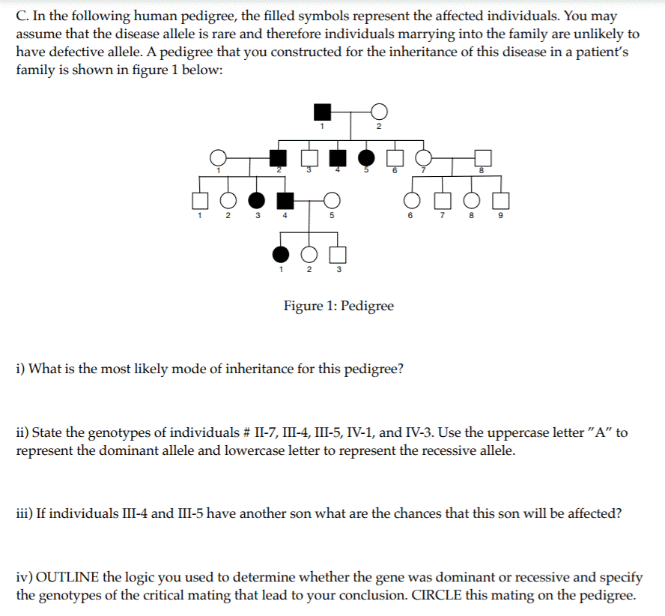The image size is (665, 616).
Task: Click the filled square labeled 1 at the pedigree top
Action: (x=322, y=112)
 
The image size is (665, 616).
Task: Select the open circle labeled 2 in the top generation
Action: (x=379, y=112)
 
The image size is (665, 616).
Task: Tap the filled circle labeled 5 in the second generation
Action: (x=367, y=157)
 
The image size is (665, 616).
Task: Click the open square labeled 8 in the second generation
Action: (x=483, y=157)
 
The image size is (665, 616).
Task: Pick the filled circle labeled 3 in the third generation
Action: (x=256, y=200)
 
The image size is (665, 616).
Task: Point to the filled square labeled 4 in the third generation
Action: (x=285, y=200)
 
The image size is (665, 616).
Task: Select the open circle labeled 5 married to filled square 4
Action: (x=332, y=200)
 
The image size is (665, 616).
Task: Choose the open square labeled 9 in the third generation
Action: (x=501, y=200)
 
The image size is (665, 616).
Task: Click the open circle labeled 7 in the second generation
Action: (x=424, y=157)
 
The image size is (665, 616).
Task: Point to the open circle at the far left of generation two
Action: (x=218, y=157)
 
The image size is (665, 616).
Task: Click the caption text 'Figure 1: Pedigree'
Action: (x=338, y=306)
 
